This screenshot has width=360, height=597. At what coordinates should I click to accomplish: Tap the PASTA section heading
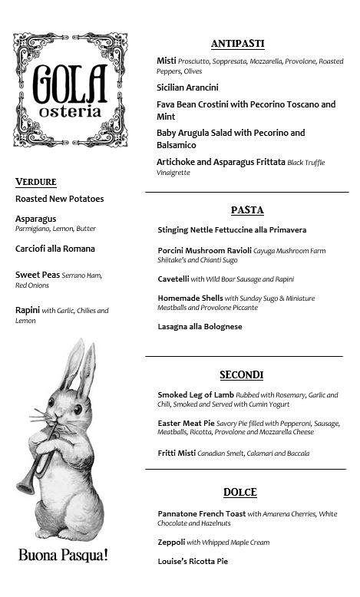(x=247, y=209)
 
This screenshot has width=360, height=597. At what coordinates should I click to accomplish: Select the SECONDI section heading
(x=241, y=374)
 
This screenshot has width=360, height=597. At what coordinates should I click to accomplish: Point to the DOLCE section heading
(x=239, y=492)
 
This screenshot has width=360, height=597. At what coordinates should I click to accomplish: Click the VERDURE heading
(x=36, y=182)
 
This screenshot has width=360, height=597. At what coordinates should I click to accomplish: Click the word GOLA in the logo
(x=69, y=81)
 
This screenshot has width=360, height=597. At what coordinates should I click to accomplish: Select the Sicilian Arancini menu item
(x=187, y=87)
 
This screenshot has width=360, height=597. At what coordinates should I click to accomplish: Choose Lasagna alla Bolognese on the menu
(x=200, y=326)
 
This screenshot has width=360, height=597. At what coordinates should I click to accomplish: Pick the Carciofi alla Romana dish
(x=55, y=249)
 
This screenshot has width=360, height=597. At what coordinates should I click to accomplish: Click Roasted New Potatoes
(x=59, y=199)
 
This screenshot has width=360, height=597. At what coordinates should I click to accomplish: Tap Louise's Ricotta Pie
(x=193, y=561)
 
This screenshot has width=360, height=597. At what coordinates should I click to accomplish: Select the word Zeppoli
(x=170, y=542)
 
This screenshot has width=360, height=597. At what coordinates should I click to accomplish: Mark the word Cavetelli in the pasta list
(x=173, y=279)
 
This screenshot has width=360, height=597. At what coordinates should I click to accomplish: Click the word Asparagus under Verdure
(x=35, y=219)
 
